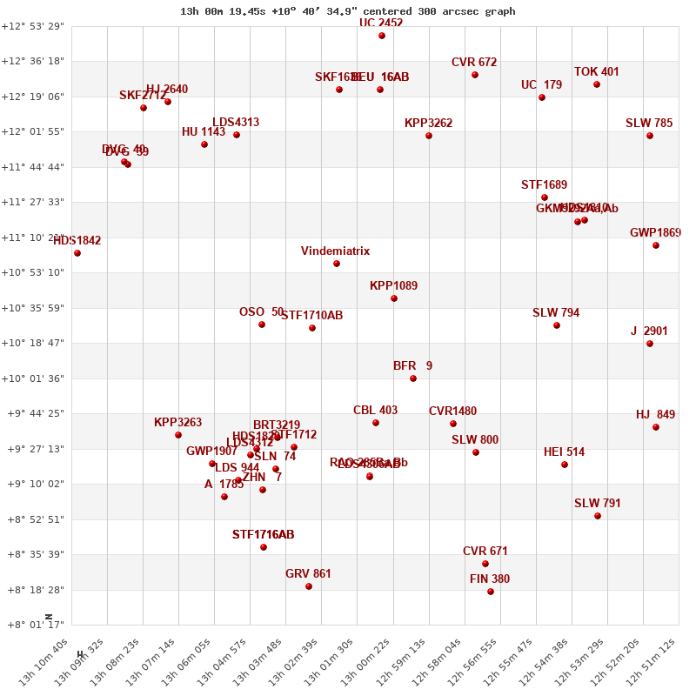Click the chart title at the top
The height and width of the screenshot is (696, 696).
[x=347, y=11]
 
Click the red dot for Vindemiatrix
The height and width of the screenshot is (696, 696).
[x=337, y=264]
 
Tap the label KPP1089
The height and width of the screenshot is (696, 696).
[x=393, y=285]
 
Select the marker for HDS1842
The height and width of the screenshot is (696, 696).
[x=77, y=253]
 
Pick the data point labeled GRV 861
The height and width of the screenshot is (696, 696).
[x=309, y=586]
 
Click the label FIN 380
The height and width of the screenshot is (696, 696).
[x=490, y=579]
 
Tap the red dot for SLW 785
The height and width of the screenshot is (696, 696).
[x=650, y=136]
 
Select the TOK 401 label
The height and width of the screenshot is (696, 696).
[x=597, y=71]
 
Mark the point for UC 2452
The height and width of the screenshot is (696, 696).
[x=382, y=36]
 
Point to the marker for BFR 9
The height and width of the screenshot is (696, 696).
[x=413, y=378]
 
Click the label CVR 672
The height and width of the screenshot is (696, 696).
[x=474, y=62]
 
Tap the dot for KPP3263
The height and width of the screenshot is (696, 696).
[x=178, y=435]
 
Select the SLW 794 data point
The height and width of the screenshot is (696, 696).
[x=557, y=325]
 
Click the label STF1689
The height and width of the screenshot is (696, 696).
[x=544, y=184]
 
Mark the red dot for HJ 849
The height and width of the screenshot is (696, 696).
[x=656, y=427]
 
